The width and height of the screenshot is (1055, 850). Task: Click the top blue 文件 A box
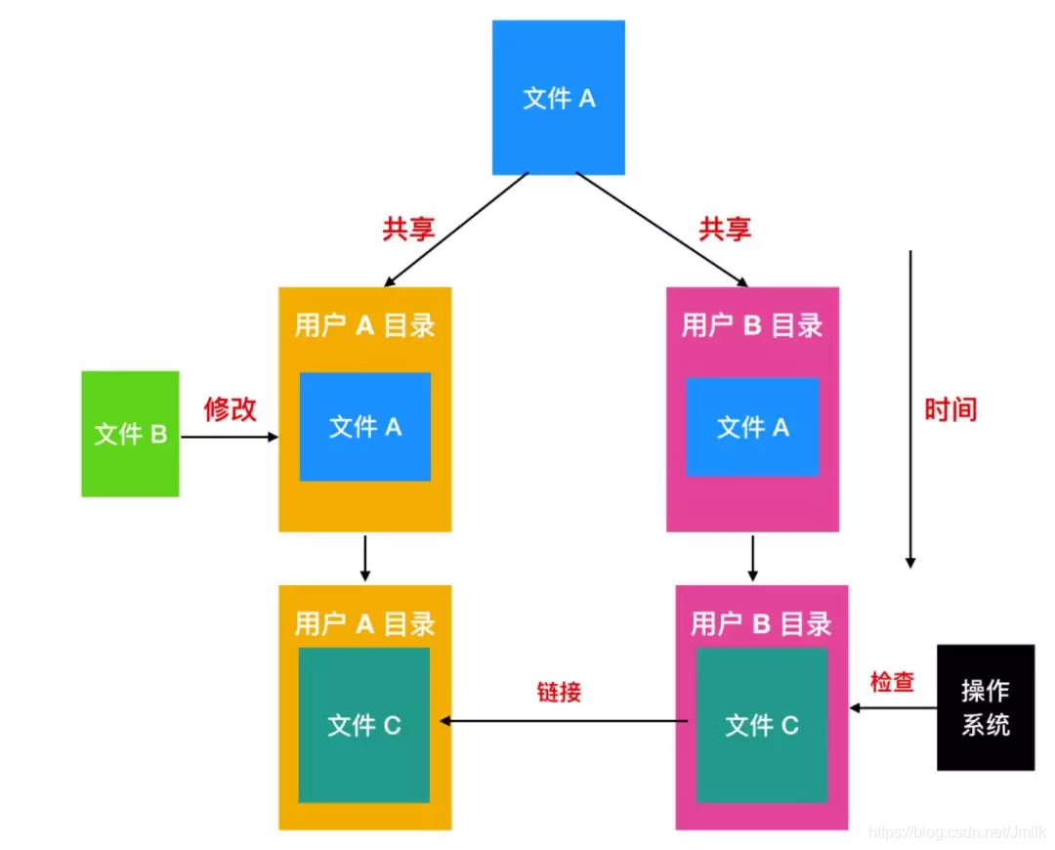point(559,98)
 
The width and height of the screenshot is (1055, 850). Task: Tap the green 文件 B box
point(131,434)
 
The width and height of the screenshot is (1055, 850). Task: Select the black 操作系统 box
point(985,707)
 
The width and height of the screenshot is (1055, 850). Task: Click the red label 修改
point(230,408)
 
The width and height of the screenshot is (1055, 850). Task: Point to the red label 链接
point(559,692)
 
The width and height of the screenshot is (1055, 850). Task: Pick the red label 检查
point(891,682)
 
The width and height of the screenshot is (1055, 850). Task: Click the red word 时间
point(949,408)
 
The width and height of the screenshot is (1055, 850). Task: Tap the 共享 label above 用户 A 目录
point(407,229)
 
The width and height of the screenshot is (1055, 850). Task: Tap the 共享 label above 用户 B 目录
point(724,229)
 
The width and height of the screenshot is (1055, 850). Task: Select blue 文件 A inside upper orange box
point(364,427)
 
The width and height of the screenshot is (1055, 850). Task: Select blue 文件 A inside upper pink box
point(752,427)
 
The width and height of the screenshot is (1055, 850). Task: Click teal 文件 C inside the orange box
point(364,725)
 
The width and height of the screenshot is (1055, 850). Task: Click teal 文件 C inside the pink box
point(762,725)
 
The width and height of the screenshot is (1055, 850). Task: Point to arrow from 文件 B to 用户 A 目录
point(230,438)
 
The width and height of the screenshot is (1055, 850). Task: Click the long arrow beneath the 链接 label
point(567,721)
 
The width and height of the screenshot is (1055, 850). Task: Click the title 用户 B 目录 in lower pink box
point(760,623)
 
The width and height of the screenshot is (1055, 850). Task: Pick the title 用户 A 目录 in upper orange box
point(364,325)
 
